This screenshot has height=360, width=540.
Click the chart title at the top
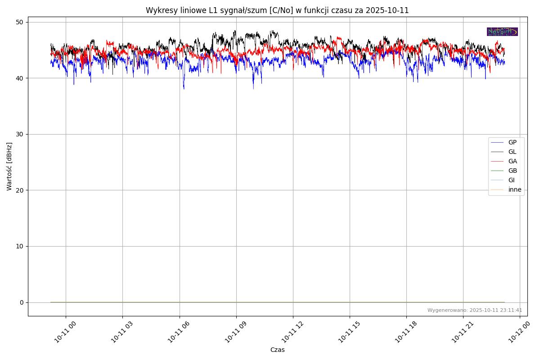coord(277,10)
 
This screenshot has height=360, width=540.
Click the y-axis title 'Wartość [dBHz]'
coord(9,166)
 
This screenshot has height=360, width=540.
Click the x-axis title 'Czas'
coord(277,350)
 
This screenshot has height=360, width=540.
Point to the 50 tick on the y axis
coord(20,22)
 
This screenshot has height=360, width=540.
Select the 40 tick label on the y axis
coord(20,78)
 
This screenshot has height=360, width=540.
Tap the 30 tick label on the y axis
coord(20,134)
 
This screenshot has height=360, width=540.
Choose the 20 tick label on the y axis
coord(20,190)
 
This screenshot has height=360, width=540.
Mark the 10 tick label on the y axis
coord(20,246)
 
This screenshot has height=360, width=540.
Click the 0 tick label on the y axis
coord(22,302)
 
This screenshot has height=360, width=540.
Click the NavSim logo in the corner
coord(502,31)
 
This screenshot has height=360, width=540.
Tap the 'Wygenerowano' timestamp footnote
coord(475,310)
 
